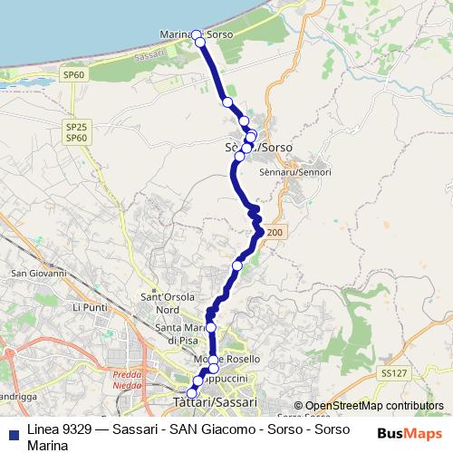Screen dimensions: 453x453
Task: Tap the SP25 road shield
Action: [x=76, y=126]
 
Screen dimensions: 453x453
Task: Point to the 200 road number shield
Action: [x=275, y=234]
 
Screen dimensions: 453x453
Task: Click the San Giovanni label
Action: [x=37, y=273]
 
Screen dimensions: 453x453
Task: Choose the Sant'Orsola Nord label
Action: [x=161, y=303]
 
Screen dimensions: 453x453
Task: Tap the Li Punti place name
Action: [x=89, y=308]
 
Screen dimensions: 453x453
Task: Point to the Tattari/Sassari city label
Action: [x=214, y=401]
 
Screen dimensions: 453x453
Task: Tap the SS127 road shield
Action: [x=391, y=372]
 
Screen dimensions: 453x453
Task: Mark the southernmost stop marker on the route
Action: [x=191, y=393]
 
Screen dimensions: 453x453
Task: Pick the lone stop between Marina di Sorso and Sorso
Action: [x=227, y=102]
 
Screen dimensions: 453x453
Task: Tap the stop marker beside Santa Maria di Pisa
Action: [x=211, y=327]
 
